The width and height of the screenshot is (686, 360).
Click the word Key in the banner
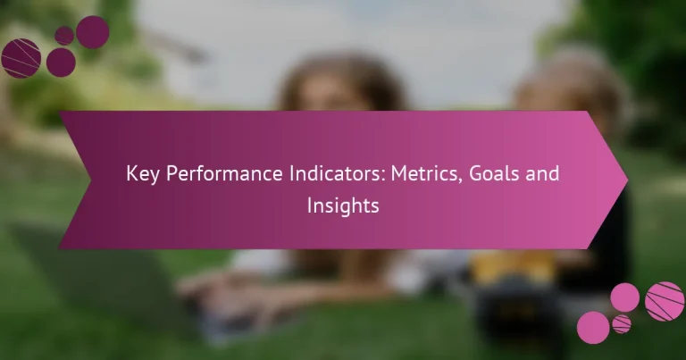click(142, 173)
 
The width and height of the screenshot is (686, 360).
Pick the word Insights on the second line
click(343, 205)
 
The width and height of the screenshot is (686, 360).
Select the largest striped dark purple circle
click(21, 58)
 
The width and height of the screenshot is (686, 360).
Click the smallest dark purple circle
click(64, 35)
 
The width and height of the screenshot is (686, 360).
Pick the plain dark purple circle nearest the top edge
click(92, 31)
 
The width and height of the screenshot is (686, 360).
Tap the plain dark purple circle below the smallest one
click(61, 62)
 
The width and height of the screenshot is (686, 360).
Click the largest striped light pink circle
click(664, 300)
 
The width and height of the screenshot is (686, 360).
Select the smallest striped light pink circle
click(622, 323)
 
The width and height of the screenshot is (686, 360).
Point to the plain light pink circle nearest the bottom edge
click(593, 328)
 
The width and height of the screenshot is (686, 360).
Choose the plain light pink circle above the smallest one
click(624, 297)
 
